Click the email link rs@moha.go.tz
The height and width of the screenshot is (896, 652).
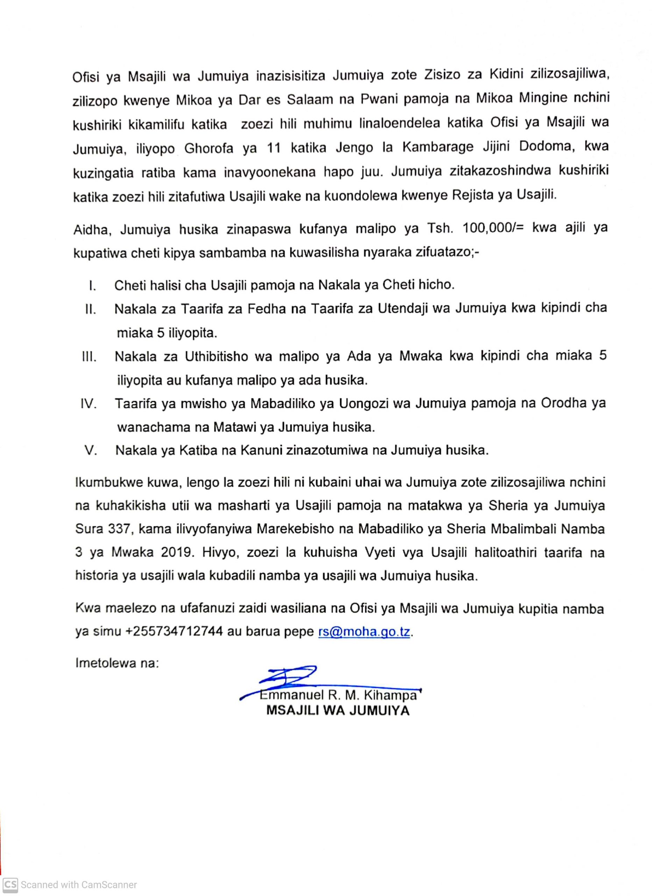tap(364, 632)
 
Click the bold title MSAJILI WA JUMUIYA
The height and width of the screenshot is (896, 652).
tap(338, 711)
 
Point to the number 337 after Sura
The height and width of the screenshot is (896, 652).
tap(119, 529)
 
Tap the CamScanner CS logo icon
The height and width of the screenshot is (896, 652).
tap(10, 884)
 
